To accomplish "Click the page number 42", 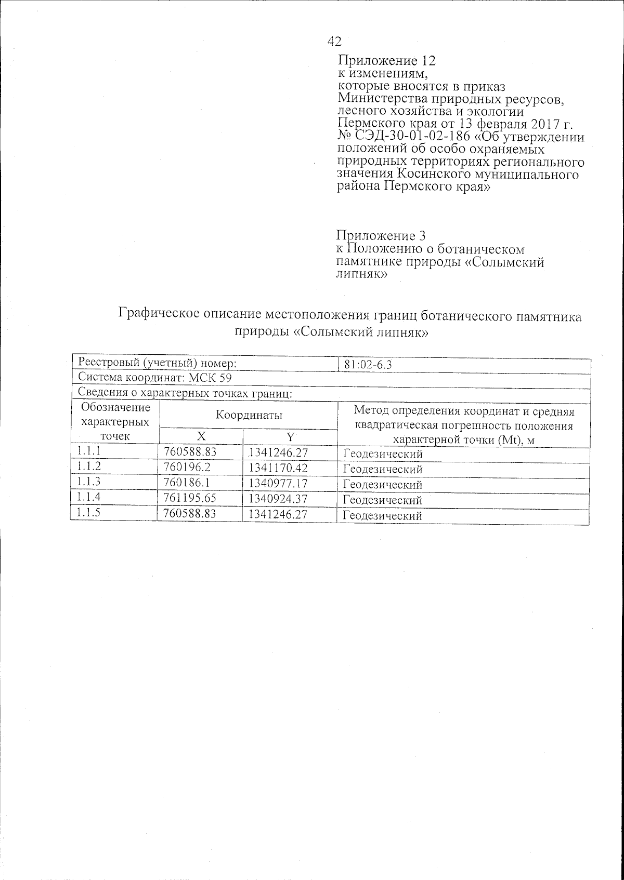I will (334, 42).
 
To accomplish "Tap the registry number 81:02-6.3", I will (368, 365).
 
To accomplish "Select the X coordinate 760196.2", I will (183, 468).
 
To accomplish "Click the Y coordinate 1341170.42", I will (278, 468).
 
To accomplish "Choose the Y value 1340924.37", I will (278, 499).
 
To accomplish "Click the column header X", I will (200, 436).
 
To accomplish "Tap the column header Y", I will (290, 436).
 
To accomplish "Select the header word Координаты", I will (249, 415).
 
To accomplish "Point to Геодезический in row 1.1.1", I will (383, 454).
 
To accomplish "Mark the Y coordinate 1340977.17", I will (278, 484).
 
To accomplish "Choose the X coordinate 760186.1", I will (183, 483).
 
